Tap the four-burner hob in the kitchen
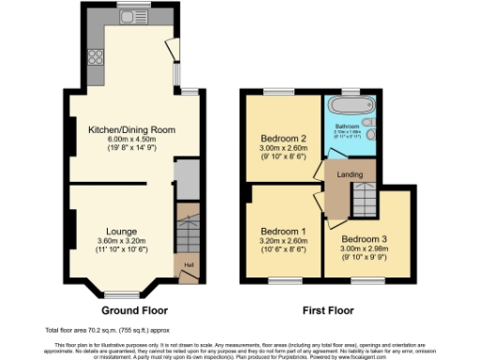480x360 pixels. click(x=95, y=54)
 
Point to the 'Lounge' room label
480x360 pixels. click(x=122, y=231)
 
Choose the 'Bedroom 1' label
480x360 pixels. click(x=282, y=231)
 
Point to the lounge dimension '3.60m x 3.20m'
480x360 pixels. click(x=122, y=241)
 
